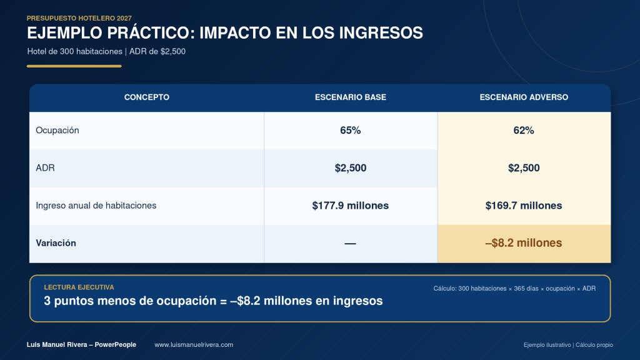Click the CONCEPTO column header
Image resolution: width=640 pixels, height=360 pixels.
click(146, 97)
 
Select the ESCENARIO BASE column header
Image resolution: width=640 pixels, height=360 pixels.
click(351, 97)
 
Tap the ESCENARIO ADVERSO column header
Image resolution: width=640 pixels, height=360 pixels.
click(524, 97)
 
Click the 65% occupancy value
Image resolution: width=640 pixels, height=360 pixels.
click(351, 130)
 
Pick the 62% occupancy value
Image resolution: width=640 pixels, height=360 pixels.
click(524, 130)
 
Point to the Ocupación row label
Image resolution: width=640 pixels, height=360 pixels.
click(57, 131)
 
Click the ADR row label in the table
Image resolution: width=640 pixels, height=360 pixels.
click(45, 167)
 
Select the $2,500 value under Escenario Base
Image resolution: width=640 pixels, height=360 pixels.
click(351, 167)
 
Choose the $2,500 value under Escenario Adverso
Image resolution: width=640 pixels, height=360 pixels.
click(524, 167)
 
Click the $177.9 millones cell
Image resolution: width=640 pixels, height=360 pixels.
click(351, 205)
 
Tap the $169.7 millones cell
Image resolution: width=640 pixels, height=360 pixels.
click(524, 205)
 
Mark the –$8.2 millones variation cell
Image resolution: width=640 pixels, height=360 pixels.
click(524, 243)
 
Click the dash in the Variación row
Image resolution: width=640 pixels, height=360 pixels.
click(350, 244)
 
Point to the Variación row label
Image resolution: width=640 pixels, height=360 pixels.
click(56, 243)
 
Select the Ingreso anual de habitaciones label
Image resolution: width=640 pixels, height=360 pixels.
click(96, 205)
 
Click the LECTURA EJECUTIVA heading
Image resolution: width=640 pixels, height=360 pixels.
click(79, 287)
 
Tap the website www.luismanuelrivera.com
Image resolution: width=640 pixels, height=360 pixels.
click(194, 345)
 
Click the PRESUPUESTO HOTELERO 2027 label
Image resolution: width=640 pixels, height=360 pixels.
click(79, 18)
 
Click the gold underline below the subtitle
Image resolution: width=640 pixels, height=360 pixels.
click(74, 66)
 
